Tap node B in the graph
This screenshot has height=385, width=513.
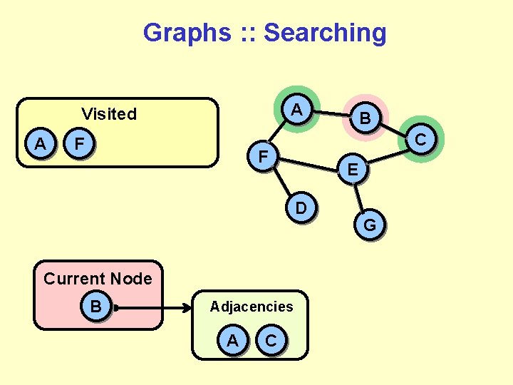364,118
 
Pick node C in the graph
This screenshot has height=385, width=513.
420,139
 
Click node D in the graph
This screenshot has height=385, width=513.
301,207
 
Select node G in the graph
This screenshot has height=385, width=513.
370,226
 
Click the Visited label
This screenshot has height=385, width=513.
109,114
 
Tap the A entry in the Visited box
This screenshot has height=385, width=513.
41,144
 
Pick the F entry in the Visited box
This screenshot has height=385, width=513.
81,144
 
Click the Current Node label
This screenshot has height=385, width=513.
98,279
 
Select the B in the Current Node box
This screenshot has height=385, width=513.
95,307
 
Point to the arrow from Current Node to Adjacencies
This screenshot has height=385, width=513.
153,309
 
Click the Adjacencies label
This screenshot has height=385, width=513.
252,307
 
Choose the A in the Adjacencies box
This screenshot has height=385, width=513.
233,341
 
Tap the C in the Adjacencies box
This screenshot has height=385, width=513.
271,341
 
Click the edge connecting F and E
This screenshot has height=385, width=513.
308,163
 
